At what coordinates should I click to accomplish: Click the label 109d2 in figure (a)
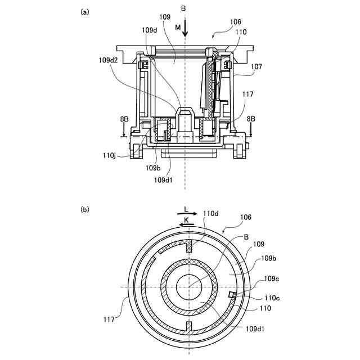(x=108, y=60)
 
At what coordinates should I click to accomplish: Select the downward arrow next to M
(x=185, y=30)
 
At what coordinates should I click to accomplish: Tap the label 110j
(x=110, y=156)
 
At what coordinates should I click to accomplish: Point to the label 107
(x=256, y=66)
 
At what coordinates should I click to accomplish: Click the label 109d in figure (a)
(x=150, y=30)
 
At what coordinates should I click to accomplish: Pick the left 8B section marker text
(x=124, y=119)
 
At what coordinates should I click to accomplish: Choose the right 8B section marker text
(x=251, y=119)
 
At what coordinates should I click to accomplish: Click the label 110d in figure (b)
(x=210, y=214)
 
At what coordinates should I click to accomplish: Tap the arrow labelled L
(x=187, y=214)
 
